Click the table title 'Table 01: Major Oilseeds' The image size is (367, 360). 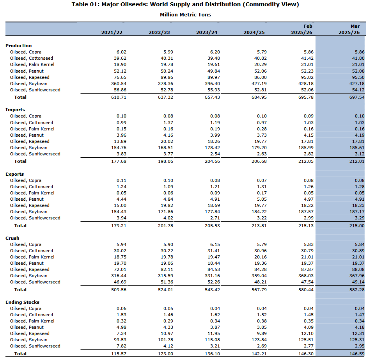click(185, 4)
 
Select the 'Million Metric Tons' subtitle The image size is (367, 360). click(185, 14)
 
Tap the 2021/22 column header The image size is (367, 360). click(112, 32)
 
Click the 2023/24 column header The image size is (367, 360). click(207, 32)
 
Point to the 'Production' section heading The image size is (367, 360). click(18, 46)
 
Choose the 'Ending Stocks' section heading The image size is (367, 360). click(22, 302)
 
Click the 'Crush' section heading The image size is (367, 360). click(12, 238)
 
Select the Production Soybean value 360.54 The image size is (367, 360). click(119, 84)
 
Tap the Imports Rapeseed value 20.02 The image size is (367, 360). click(166, 141)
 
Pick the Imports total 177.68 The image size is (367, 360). click(119, 161)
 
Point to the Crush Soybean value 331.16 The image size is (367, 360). click(213, 276)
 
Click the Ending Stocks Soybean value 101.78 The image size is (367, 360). click(166, 340)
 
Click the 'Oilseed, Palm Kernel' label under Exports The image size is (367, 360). click(32, 193)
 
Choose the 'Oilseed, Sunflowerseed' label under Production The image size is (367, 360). click(35, 90)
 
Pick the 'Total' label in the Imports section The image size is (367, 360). click(20, 161)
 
